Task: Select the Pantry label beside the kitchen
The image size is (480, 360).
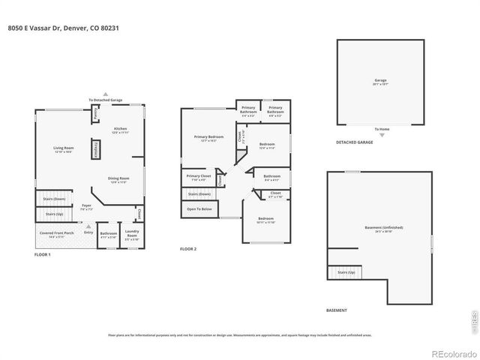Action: tap(95, 115)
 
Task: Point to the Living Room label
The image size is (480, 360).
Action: tap(62, 149)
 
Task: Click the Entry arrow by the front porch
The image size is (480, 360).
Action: tap(88, 229)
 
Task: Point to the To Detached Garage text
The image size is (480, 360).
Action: tap(105, 100)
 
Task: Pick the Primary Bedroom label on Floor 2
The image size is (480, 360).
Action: tap(208, 138)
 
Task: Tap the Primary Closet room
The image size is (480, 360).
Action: tap(199, 178)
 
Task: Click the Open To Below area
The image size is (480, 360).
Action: tap(199, 209)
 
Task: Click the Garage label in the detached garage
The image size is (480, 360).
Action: tap(380, 81)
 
